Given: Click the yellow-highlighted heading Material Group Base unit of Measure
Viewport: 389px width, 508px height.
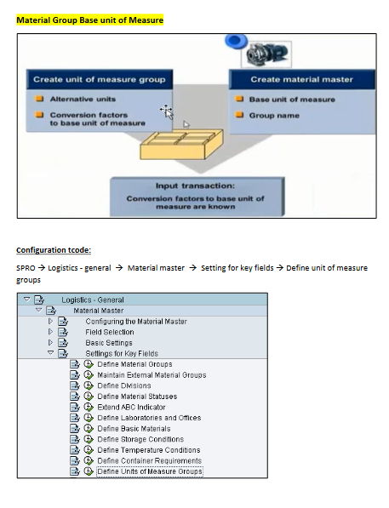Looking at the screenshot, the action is coord(89,20).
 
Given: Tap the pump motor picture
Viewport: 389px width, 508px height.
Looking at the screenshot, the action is coord(266,54).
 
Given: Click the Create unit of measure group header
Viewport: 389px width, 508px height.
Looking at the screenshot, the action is coord(100,79).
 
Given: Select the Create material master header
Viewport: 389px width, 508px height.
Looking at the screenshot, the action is coord(301,79).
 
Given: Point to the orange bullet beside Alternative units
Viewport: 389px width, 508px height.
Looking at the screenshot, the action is coord(39,99).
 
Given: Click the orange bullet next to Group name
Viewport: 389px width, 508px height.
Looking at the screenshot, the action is coord(239,115).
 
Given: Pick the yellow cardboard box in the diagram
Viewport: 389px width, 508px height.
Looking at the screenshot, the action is coord(181,144).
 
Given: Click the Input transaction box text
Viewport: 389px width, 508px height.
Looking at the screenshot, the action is coord(195,197).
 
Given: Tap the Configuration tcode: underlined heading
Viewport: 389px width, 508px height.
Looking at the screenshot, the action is coord(54,250).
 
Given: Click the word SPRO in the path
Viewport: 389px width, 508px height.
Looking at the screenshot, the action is coord(26,268).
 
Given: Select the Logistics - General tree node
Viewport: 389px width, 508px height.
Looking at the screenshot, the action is coord(93,300).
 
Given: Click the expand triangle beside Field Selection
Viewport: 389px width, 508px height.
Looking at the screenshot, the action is coord(50,331).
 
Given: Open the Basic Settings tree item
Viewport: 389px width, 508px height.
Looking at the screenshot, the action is coord(109,343).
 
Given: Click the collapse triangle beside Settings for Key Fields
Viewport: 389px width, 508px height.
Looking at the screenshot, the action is coord(50,352).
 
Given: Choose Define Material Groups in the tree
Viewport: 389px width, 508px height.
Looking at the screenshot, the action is coord(134,364).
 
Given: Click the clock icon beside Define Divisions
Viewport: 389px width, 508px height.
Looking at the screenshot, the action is coord(89,385).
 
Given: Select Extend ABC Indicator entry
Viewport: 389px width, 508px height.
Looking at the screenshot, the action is coord(131,407).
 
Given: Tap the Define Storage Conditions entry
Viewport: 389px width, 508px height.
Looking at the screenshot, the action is coord(140,439).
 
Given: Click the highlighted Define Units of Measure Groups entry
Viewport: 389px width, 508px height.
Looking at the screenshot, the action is coord(150,471).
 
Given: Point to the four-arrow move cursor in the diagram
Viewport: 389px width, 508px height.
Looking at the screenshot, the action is coord(166,111).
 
